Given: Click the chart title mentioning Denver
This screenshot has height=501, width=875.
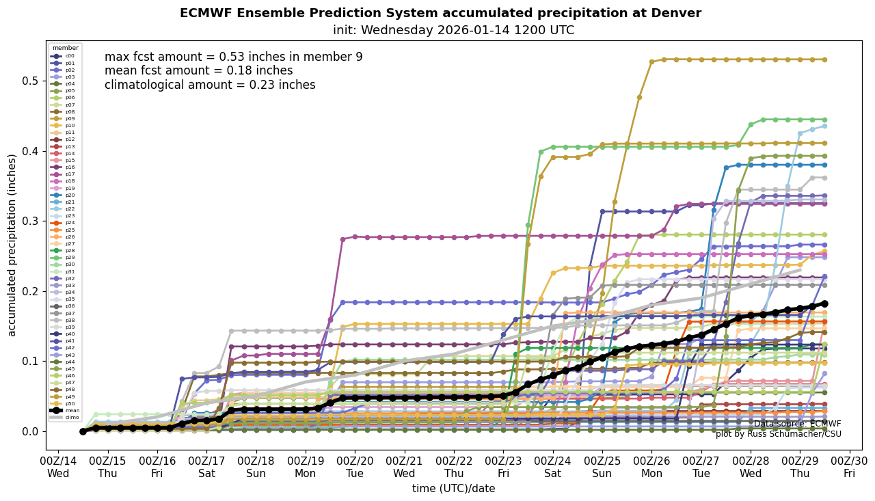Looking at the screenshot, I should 440,13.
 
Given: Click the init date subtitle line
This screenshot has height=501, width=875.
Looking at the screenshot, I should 453,30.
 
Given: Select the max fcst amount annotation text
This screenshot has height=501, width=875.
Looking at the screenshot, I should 233,57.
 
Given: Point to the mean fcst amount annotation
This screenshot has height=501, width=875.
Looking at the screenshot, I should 198,71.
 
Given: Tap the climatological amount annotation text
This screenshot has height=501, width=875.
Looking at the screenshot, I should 210,85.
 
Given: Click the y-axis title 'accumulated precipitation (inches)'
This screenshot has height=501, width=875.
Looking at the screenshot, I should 12,245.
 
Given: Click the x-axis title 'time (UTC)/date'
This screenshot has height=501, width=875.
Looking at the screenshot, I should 453,488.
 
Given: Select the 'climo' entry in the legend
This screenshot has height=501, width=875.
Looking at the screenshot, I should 71,417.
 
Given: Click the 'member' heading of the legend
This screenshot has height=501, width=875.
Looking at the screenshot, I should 66,48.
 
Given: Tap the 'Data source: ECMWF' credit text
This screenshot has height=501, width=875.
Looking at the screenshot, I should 797,424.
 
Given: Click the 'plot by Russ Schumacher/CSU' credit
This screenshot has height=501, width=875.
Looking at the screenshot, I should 779,434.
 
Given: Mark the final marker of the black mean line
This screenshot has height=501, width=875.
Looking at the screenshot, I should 824,303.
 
